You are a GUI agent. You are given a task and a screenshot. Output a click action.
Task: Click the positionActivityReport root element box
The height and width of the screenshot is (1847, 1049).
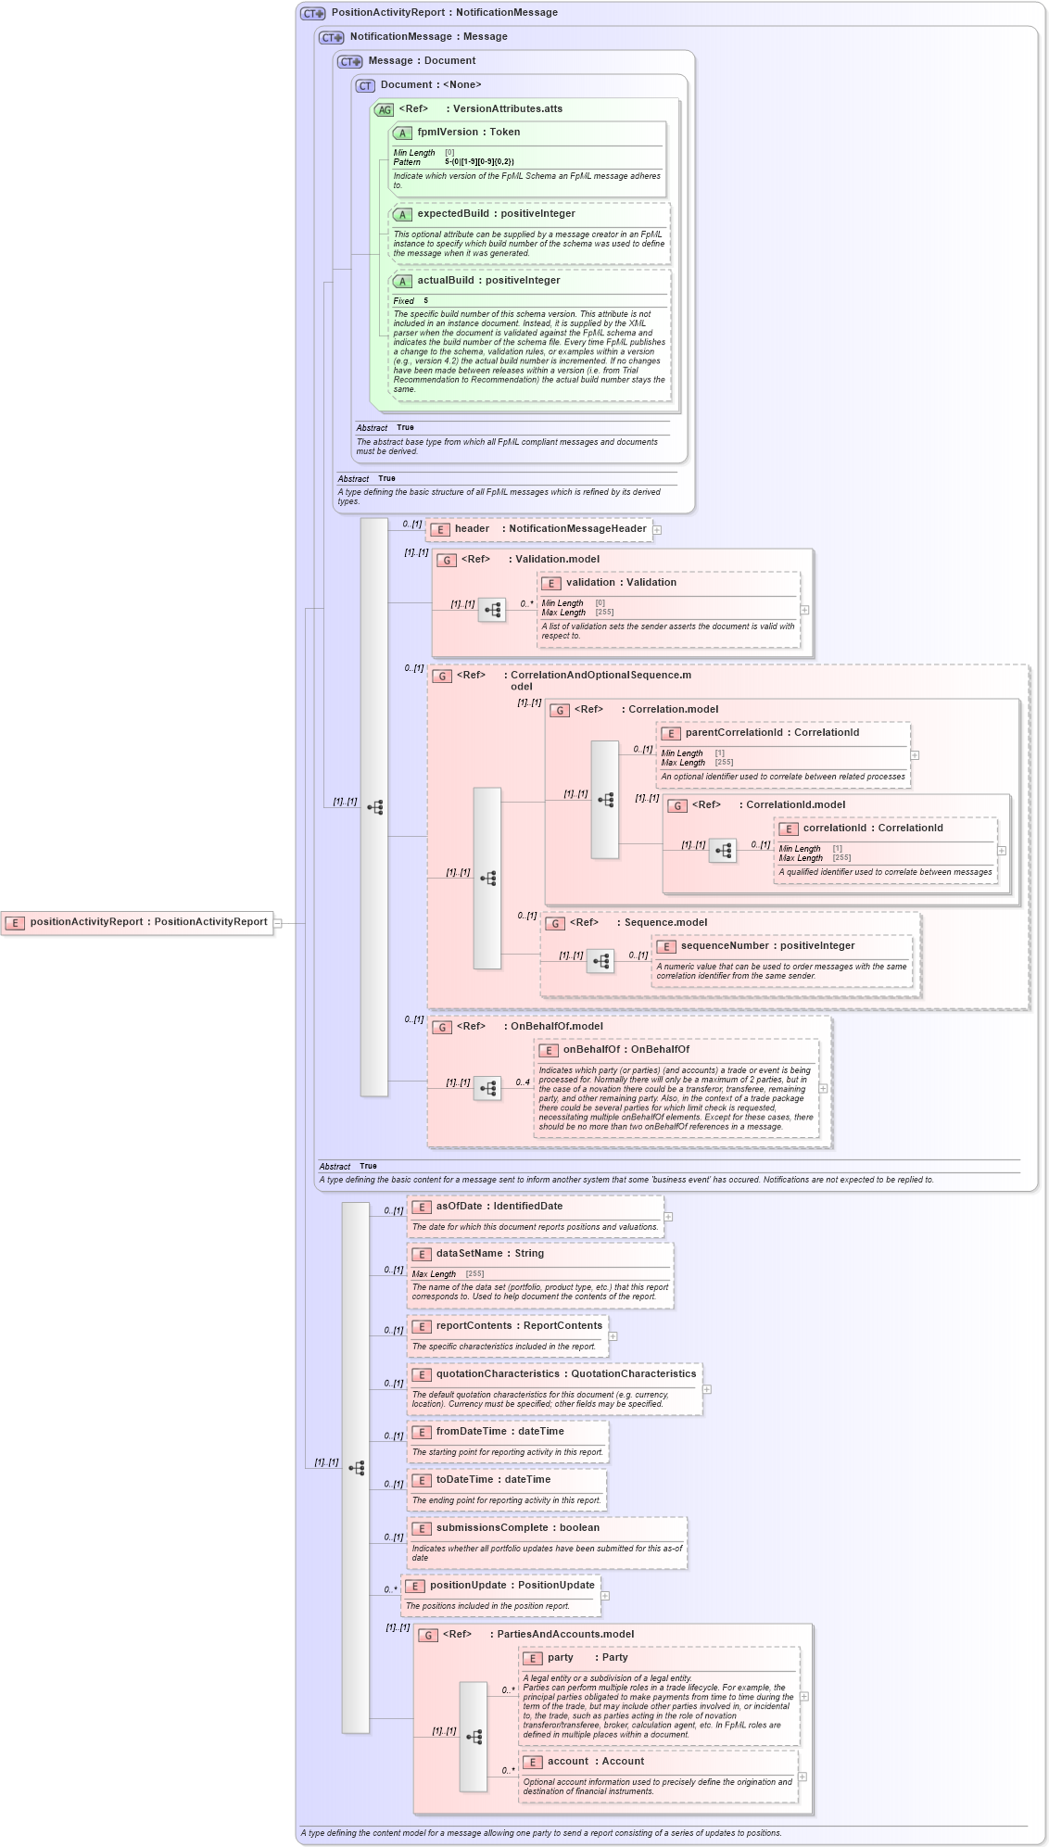(137, 922)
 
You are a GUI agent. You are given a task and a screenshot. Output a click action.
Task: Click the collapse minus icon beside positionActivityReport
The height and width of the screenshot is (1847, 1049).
(277, 923)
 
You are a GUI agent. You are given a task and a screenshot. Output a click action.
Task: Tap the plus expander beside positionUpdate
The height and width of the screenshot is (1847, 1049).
(605, 1596)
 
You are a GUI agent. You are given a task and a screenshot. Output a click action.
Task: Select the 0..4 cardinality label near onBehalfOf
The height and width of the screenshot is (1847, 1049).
(523, 1082)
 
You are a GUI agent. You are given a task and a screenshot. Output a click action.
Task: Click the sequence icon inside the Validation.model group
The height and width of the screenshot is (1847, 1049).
(492, 610)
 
